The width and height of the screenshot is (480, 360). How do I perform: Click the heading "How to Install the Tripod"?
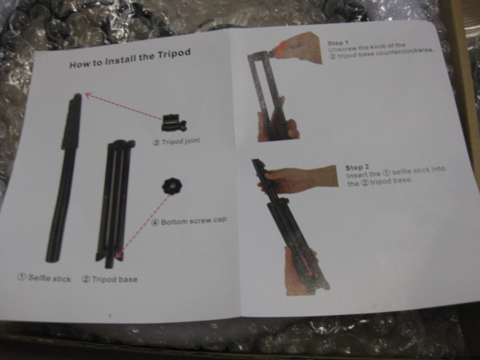(x=130, y=58)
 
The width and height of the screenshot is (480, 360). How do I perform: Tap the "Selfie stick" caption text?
(x=49, y=278)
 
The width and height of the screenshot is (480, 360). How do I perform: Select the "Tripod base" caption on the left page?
(x=115, y=279)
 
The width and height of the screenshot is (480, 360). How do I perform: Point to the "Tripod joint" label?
(x=181, y=142)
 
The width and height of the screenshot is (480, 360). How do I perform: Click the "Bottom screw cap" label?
(x=193, y=220)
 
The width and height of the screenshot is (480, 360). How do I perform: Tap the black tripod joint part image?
(x=173, y=123)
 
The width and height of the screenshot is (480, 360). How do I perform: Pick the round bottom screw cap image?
(x=172, y=186)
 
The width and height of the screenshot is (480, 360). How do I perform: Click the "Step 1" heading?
(x=338, y=43)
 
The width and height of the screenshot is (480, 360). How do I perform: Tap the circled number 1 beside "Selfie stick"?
(x=22, y=277)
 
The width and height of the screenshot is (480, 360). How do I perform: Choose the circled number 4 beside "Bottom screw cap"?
(x=155, y=223)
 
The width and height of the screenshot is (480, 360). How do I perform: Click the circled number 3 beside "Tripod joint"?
(x=156, y=142)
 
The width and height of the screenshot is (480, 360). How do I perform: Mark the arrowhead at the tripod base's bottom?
(x=118, y=254)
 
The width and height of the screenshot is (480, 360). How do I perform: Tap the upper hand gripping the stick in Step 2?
(x=298, y=179)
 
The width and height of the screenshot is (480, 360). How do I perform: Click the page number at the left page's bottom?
(x=110, y=316)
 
